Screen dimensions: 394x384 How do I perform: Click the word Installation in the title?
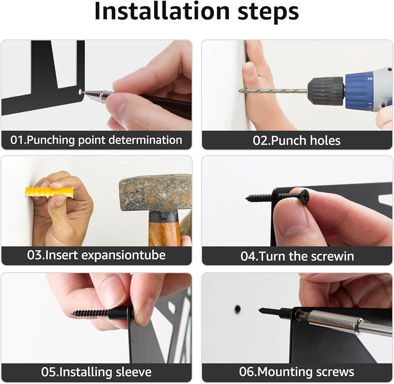click(x=162, y=11)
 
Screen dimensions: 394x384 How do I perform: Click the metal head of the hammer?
click(x=156, y=192)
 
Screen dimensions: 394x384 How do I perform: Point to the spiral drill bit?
click(x=273, y=91)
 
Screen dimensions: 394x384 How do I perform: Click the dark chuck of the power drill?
click(x=326, y=91)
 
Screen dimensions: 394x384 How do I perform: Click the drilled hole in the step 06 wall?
click(x=238, y=309)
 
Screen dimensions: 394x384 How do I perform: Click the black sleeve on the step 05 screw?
click(x=118, y=313)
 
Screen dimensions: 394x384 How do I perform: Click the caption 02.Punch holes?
click(x=297, y=140)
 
